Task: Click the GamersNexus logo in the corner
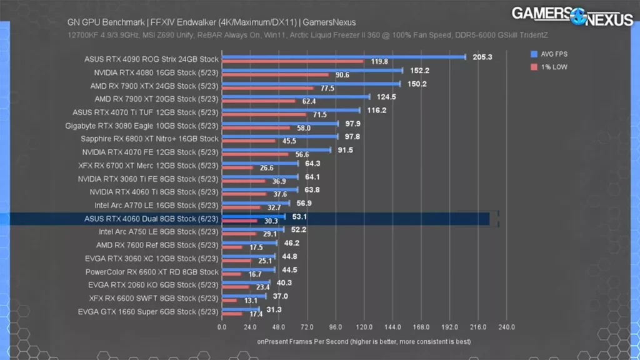tap(571, 16)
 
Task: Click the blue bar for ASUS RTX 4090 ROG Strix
tap(343, 57)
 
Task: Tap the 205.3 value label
tap(482, 57)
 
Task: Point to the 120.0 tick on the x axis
tap(364, 327)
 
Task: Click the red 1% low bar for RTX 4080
tap(275, 75)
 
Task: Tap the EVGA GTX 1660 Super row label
tap(148, 311)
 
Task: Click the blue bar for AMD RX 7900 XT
tap(296, 97)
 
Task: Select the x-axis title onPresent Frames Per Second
tap(364, 342)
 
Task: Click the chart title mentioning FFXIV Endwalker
tap(211, 22)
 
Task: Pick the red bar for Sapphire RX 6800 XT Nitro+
tap(249, 141)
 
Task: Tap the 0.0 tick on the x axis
tap(222, 327)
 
